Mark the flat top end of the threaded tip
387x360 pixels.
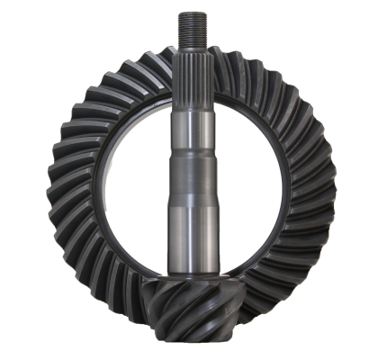193,12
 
